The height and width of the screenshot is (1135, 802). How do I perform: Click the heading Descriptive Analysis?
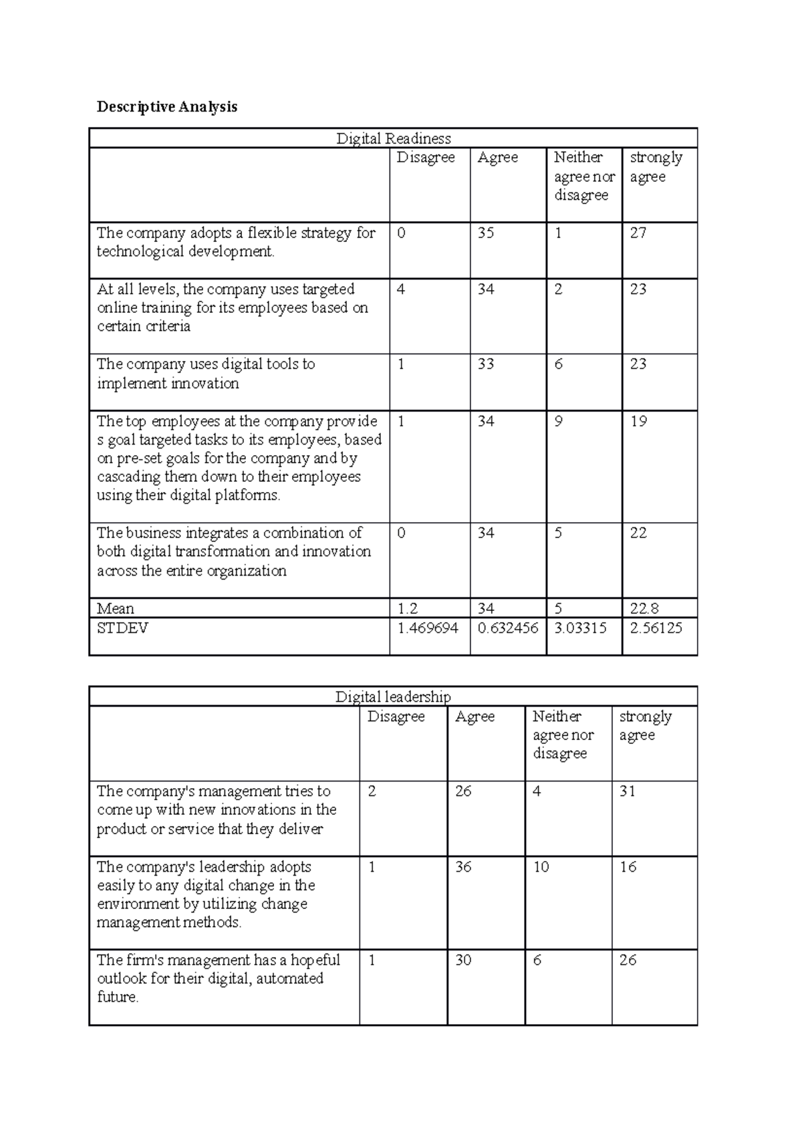167,107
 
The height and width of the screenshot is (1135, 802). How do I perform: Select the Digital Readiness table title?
393,138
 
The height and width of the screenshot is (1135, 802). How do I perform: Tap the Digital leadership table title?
393,697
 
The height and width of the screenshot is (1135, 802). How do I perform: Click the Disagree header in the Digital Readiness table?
426,158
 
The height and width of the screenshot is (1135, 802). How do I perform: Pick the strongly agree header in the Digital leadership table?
645,726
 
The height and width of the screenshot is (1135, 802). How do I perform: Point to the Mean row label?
116,608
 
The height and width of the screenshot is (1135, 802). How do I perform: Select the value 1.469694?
428,628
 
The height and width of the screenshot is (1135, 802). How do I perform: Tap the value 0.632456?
508,628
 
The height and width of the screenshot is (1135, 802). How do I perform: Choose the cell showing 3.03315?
581,628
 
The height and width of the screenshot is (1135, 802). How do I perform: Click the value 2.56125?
656,628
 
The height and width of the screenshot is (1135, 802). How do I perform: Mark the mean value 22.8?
644,608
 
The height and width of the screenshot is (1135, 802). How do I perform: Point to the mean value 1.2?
407,608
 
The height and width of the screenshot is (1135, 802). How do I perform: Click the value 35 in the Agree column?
486,233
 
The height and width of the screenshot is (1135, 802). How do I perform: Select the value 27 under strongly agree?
638,233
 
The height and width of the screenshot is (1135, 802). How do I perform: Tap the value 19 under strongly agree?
639,421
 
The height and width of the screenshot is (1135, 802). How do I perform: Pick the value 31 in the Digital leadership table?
628,791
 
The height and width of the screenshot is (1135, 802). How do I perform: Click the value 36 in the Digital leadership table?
463,867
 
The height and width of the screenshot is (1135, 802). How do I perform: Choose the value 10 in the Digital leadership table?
541,867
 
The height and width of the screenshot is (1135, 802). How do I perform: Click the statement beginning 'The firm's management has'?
218,978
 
